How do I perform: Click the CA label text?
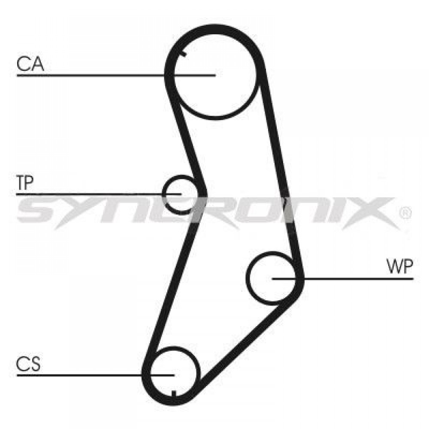(x=30, y=64)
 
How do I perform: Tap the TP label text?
(x=24, y=183)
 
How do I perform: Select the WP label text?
(x=399, y=266)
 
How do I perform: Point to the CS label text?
(x=28, y=364)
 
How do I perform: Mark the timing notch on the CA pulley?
(x=183, y=53)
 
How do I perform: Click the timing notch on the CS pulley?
(x=173, y=394)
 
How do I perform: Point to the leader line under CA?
(x=116, y=75)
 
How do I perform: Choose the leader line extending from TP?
(x=99, y=194)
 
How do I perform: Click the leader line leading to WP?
(x=343, y=279)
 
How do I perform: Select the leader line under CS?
(x=96, y=375)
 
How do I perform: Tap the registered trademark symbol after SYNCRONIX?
(x=405, y=213)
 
